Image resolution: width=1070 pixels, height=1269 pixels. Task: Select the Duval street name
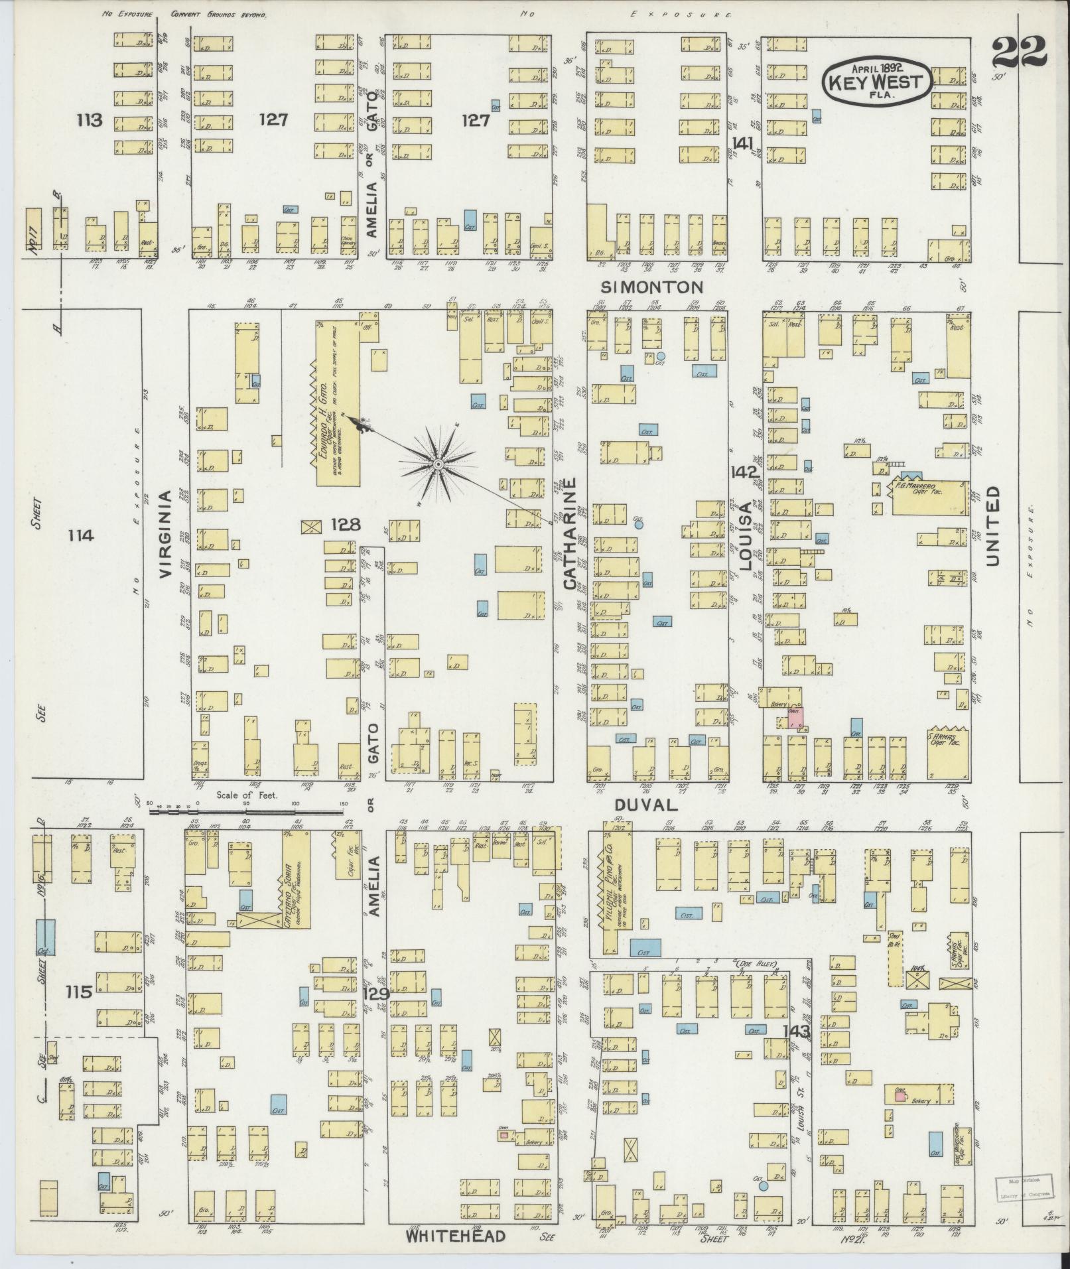[645, 805]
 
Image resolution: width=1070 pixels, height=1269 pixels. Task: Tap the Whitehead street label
[456, 1236]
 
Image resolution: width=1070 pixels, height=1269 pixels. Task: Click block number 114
[86, 535]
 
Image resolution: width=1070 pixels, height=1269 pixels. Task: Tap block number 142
[744, 472]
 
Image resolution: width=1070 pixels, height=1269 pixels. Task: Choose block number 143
[796, 1050]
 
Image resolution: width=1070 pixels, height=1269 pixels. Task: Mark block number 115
[78, 992]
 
